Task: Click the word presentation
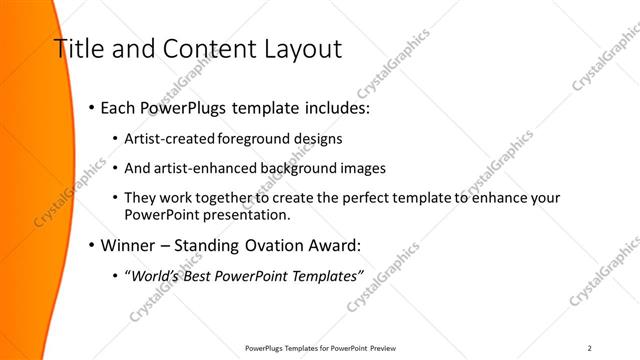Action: (x=245, y=214)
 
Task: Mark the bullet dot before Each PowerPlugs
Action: (x=92, y=106)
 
